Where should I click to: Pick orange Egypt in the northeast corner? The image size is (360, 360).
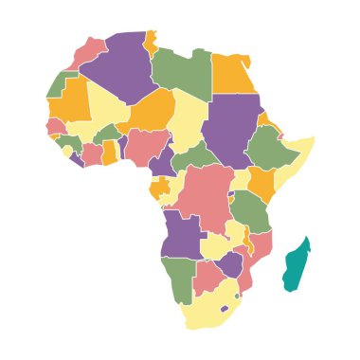(x=232, y=75)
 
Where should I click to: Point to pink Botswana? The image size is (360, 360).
(x=208, y=277)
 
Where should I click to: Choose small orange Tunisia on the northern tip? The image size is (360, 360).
(x=150, y=43)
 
